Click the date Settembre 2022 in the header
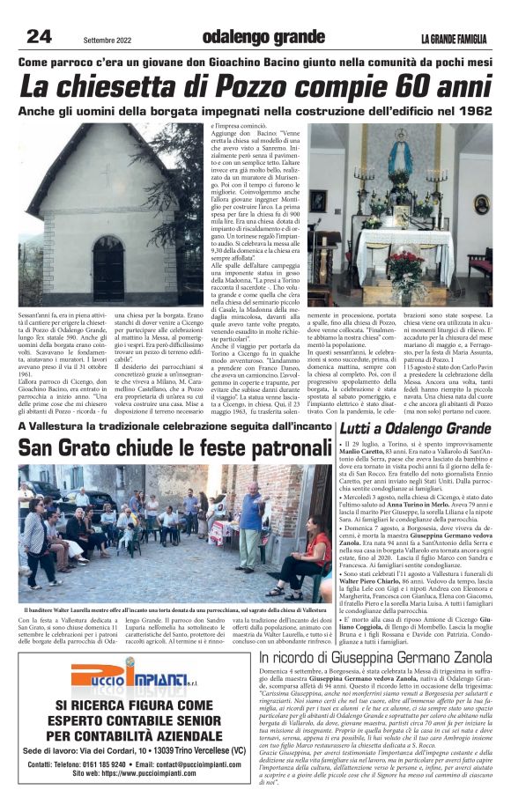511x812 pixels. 107,40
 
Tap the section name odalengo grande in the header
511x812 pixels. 263,37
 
